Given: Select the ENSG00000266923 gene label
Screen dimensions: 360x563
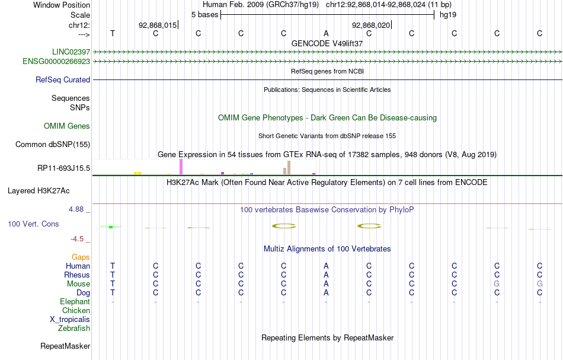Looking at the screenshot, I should coord(56,61).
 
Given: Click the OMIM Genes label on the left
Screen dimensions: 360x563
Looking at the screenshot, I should coord(67,126).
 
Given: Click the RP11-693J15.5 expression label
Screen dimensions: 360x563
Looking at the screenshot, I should coord(63,168).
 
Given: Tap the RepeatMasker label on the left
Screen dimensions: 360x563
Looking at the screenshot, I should coord(65,346).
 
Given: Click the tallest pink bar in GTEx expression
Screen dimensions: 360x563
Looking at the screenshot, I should coord(181,167).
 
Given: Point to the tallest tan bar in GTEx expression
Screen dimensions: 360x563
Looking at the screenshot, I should coord(289,167).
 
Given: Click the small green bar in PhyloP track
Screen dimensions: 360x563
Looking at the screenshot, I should coord(111,227).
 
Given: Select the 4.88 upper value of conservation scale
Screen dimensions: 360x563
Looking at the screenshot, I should coord(77,209).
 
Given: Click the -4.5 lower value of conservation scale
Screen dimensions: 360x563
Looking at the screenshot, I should coord(77,239).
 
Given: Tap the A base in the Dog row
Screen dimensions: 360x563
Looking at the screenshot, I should coord(326,292).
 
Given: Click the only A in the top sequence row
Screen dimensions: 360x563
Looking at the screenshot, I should coord(326,33).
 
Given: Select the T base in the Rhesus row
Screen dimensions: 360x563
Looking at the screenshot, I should coord(113,275).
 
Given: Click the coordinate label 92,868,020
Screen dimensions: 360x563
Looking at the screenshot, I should coord(371,26).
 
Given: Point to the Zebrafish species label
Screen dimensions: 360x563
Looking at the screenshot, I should coord(74,328).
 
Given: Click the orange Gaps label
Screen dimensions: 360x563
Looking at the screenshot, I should coord(81,257).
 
